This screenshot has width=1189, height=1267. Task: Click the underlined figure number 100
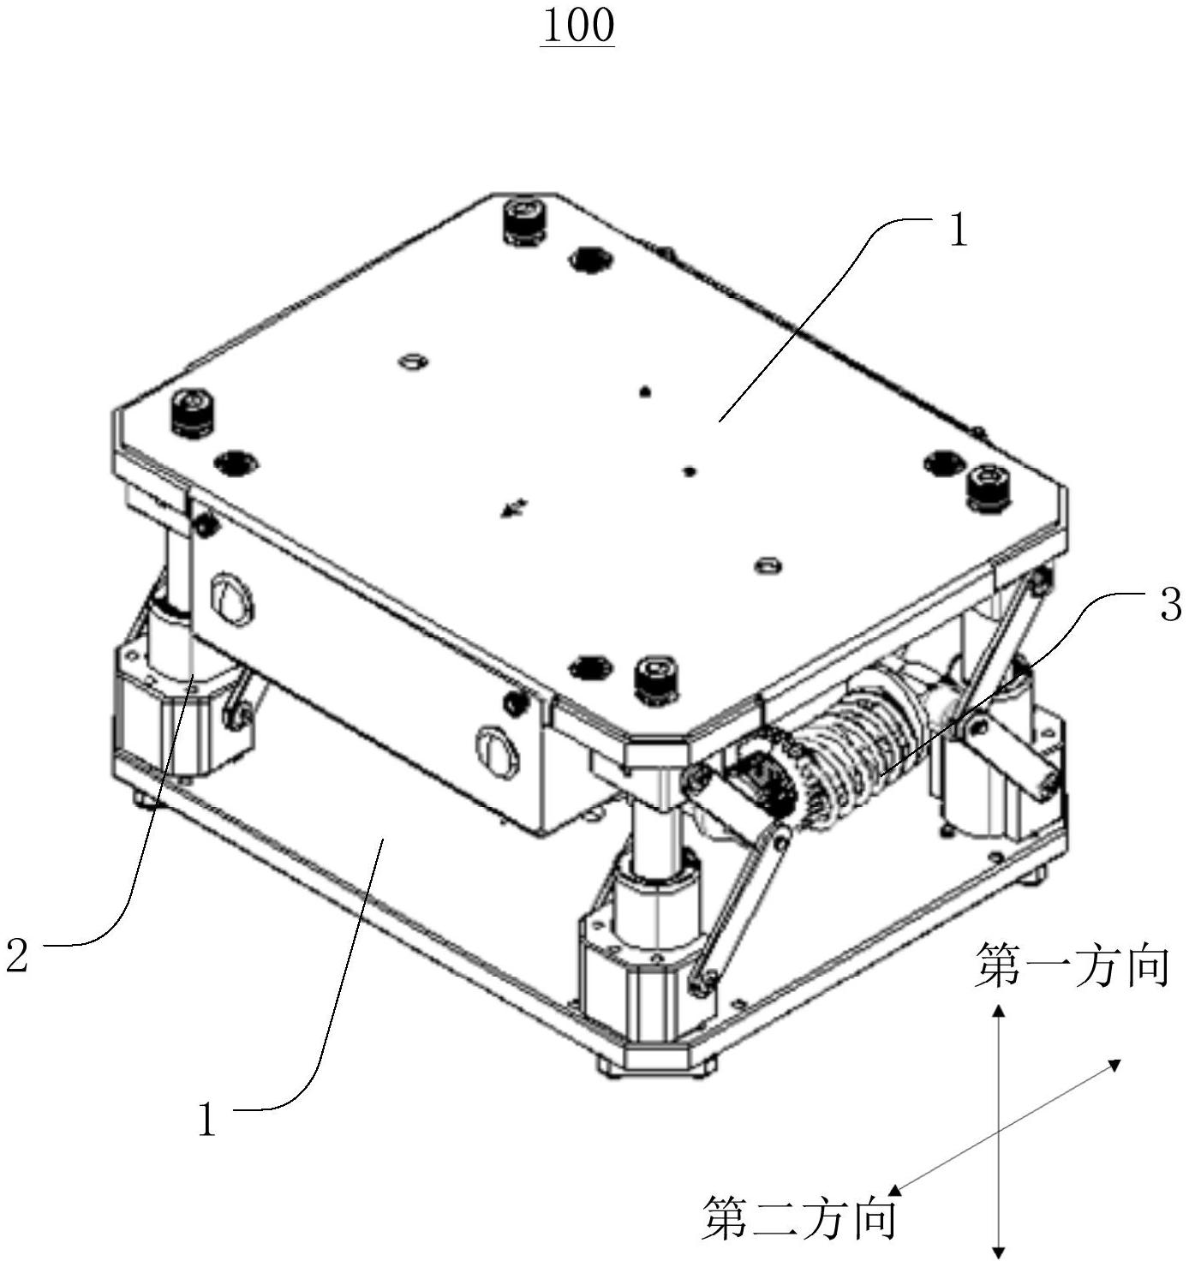pos(577,27)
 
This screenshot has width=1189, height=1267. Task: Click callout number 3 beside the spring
pos(1169,604)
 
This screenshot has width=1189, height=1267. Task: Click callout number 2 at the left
pos(16,954)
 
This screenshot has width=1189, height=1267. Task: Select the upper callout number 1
pos(959,230)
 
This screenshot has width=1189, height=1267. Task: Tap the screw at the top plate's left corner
pos(192,414)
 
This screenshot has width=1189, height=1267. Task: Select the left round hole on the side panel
pos(232,599)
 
